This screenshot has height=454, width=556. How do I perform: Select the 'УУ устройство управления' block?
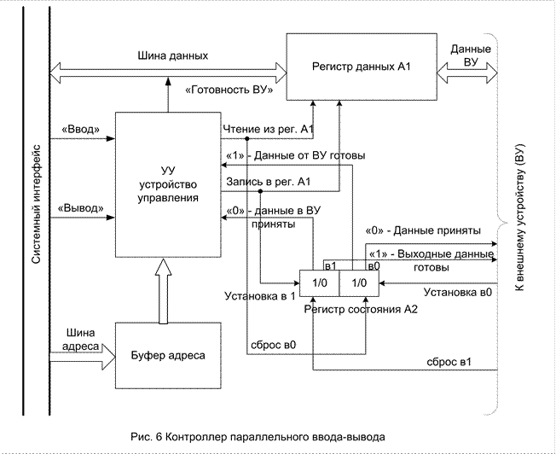(x=167, y=183)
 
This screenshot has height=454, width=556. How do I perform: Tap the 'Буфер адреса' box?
(x=167, y=354)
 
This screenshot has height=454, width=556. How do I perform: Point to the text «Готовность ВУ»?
(x=228, y=88)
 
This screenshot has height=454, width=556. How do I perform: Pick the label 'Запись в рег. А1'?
(x=267, y=182)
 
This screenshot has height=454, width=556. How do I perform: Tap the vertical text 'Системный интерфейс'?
(x=36, y=208)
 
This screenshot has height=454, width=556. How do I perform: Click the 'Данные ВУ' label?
(x=470, y=56)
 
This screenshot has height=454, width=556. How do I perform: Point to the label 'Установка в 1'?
(x=258, y=296)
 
